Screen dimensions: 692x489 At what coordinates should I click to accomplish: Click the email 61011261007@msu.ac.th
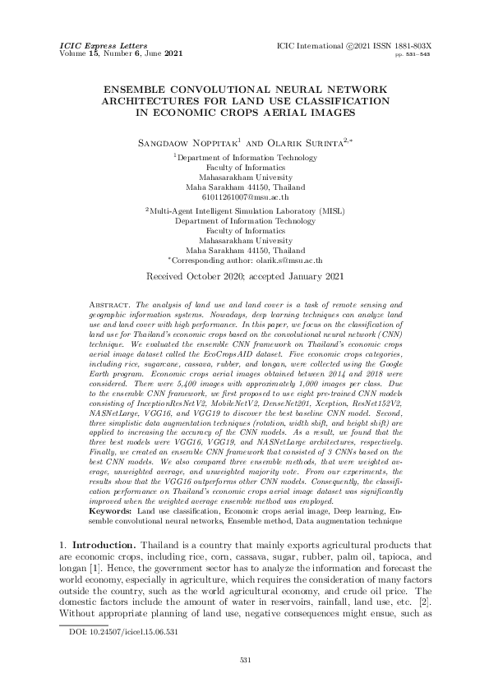tap(244, 197)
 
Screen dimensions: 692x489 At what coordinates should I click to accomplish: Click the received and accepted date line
tap(244, 277)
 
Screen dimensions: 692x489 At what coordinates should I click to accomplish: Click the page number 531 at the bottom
tap(244, 660)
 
